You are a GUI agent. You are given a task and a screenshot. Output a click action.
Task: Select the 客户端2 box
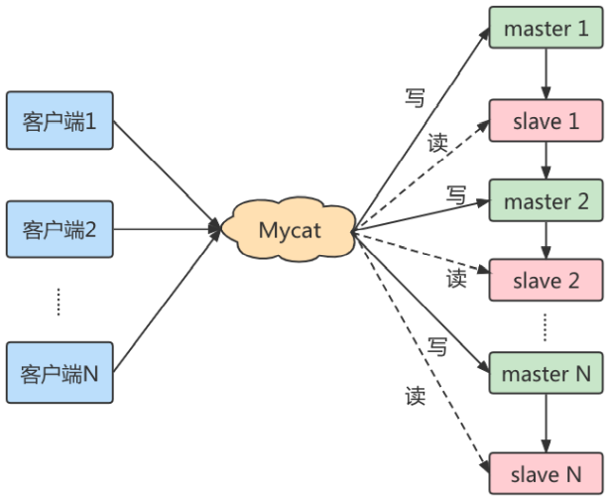tap(60, 230)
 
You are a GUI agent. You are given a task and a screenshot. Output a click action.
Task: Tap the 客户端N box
tap(60, 373)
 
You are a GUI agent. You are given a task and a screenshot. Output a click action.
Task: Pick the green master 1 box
tap(546, 29)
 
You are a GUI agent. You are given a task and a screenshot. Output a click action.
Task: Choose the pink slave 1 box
tap(546, 124)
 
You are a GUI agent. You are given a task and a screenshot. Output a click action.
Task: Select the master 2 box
tap(546, 202)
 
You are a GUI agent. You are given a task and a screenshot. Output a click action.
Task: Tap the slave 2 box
tap(546, 281)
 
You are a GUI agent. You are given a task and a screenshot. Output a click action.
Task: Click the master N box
tap(546, 374)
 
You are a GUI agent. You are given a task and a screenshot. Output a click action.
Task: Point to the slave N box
tap(546, 474)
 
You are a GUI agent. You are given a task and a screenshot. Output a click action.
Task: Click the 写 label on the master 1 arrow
tap(415, 97)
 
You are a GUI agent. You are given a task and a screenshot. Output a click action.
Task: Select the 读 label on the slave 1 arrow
tap(437, 142)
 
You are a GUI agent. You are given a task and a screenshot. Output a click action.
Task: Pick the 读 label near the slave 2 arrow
tap(455, 279)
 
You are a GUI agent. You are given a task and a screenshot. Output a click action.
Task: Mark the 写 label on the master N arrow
tap(437, 347)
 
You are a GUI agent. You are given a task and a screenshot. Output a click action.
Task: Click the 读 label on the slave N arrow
tap(415, 396)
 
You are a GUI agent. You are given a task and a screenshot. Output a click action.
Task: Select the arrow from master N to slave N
tap(546, 424)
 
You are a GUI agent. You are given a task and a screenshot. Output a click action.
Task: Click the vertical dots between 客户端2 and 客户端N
tap(59, 302)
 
